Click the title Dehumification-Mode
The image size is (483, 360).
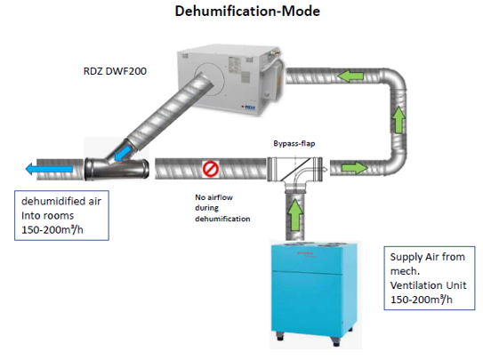click(247, 11)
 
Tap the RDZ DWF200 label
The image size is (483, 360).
click(115, 71)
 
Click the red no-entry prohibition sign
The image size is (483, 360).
click(211, 169)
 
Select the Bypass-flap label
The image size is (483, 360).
click(294, 143)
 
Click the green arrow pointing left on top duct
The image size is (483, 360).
click(350, 76)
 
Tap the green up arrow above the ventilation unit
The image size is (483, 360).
click(295, 214)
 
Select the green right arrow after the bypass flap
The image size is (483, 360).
click(355, 168)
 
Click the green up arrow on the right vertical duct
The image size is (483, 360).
click(398, 120)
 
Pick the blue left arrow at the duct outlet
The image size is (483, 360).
click(49, 169)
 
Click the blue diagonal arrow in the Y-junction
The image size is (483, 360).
click(121, 153)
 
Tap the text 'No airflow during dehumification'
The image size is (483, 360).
click(222, 208)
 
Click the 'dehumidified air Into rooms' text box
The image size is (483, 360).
click(61, 215)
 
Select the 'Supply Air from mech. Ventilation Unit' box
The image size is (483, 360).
click(429, 278)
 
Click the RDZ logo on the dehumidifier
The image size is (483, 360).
click(248, 107)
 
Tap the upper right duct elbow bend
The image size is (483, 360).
click(394, 79)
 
